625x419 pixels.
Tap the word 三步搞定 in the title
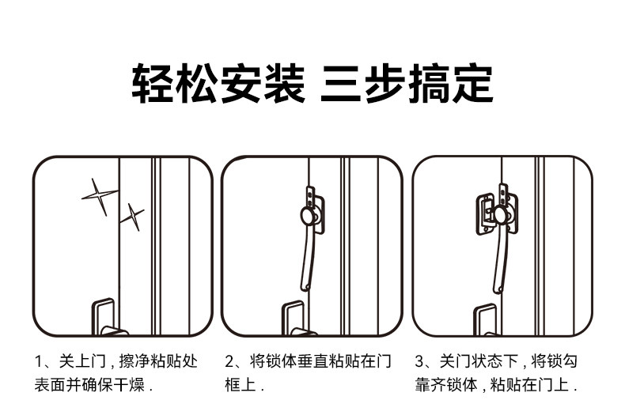(407, 85)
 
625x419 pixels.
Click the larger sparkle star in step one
(100, 196)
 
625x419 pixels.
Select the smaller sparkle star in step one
(132, 216)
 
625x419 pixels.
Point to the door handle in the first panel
(104, 315)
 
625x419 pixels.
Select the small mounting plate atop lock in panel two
(311, 193)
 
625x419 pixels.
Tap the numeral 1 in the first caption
(39, 362)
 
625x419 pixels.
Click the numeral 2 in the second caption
(229, 362)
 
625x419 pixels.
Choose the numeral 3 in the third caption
(419, 362)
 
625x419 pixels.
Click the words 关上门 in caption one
(77, 362)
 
